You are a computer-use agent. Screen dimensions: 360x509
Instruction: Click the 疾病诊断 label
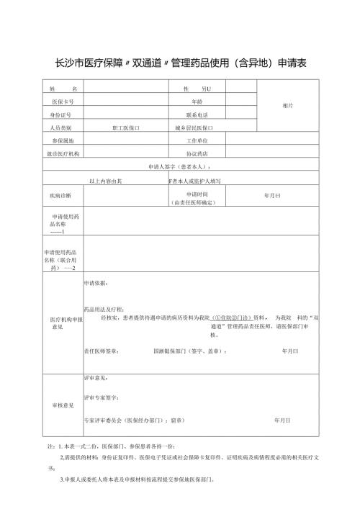point(60,195)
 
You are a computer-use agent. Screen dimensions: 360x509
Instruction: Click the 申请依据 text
point(97,283)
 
